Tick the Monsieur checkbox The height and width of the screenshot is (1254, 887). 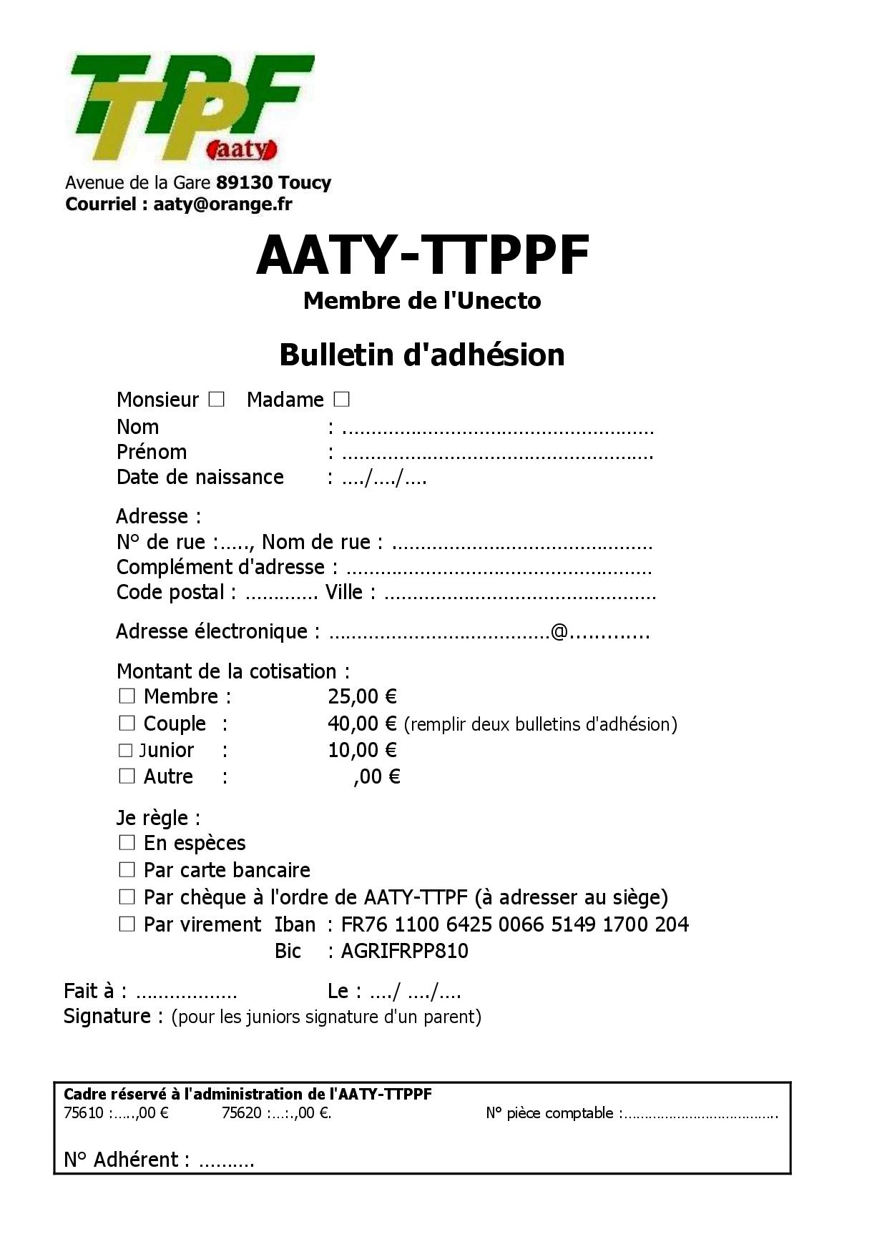pos(216,399)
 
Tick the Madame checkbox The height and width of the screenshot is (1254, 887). pos(341,399)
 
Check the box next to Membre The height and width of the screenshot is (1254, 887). pos(127,696)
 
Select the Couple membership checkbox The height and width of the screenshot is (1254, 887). pos(127,723)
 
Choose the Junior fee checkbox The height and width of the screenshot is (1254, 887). pos(126,750)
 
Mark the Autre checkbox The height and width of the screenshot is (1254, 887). pos(127,776)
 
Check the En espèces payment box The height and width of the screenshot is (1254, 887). pos(127,842)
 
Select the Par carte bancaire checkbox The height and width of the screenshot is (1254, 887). pos(127,869)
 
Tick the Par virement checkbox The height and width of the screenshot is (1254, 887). pos(127,924)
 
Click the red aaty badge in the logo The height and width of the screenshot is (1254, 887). pos(242,149)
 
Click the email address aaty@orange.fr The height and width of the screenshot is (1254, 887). pos(222,204)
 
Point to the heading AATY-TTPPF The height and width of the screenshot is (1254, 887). pos(423,255)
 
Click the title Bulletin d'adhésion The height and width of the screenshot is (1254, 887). pos(422,355)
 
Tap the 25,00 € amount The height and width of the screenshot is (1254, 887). pos(362,696)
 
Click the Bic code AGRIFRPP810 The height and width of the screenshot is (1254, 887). pos(404,951)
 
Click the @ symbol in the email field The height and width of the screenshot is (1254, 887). pos(559,631)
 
